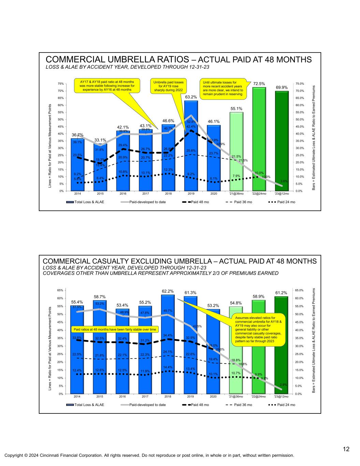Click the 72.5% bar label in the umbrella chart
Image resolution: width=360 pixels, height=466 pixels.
pyautogui.click(x=259, y=83)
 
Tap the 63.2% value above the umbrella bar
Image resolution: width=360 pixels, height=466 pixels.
pyautogui.click(x=191, y=97)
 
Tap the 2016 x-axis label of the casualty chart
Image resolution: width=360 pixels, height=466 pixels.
pyautogui.click(x=122, y=397)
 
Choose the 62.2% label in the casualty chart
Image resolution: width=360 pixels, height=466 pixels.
pyautogui.click(x=168, y=291)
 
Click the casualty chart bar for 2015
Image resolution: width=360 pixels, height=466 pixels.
pyautogui.click(x=100, y=348)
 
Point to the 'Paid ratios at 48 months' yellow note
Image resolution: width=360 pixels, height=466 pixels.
pyautogui.click(x=115, y=329)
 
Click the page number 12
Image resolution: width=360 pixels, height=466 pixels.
pyautogui.click(x=346, y=449)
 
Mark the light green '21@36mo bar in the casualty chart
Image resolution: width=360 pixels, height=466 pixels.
pyautogui.click(x=236, y=352)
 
